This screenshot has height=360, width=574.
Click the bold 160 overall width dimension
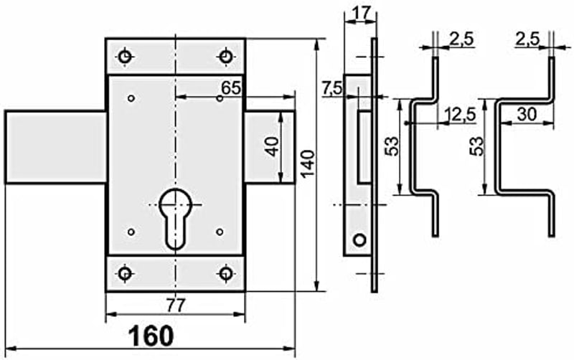coord(151,336)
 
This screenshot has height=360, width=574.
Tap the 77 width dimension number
coord(176,305)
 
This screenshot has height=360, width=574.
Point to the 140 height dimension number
coord(308,164)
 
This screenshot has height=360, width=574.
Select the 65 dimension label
coord(231,87)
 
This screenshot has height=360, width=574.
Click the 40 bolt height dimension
coord(272,147)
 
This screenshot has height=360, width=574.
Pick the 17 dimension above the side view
coord(361,13)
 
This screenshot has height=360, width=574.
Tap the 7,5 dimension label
coord(332,88)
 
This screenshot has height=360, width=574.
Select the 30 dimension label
coord(527,115)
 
